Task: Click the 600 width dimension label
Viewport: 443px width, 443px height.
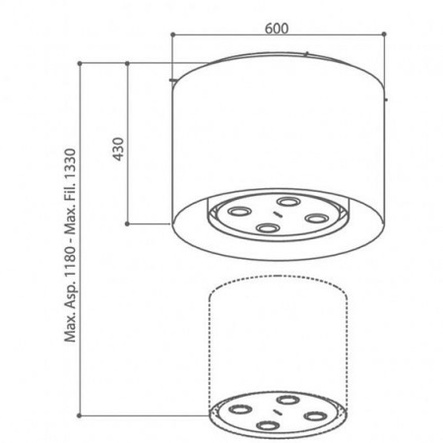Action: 277,29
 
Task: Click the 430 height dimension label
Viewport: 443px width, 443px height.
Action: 118,149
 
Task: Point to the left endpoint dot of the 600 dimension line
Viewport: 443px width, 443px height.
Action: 172,34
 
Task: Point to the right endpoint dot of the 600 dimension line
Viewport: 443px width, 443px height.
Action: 384,33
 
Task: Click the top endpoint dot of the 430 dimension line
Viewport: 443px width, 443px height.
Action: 127,63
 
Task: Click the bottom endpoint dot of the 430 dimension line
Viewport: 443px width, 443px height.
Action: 127,223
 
